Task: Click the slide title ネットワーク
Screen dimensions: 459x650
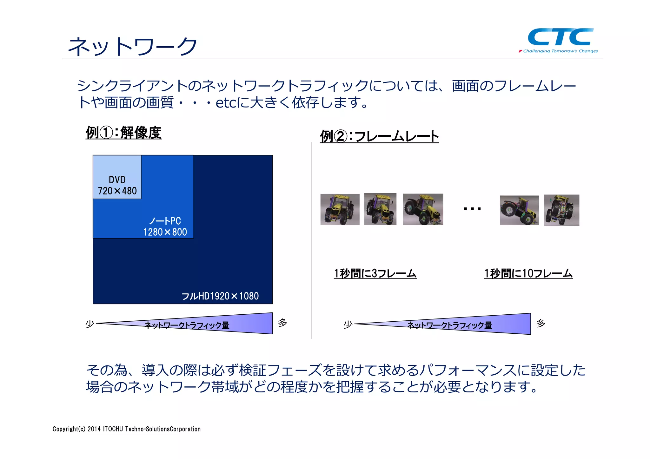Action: point(133,47)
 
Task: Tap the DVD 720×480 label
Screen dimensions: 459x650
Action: point(117,185)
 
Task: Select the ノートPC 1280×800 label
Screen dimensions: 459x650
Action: point(165,226)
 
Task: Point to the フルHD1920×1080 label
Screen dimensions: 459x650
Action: point(220,296)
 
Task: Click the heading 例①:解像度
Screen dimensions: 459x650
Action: point(123,133)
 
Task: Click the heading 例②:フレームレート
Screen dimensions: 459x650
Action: point(379,137)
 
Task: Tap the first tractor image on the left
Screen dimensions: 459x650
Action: point(340,209)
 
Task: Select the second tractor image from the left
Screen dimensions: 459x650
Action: point(380,209)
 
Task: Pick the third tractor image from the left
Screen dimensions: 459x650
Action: point(423,209)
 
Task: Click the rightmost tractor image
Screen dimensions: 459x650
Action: point(561,210)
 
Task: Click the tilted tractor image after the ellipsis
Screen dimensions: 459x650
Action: point(519,210)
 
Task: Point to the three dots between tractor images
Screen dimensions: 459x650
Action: point(472,209)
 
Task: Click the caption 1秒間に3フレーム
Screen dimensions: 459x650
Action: point(375,273)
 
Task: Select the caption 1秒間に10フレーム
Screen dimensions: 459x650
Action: point(528,273)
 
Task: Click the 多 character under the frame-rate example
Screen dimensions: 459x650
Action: point(541,323)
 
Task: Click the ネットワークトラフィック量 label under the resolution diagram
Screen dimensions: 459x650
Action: point(187,325)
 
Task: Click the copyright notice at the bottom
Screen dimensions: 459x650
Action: point(127,429)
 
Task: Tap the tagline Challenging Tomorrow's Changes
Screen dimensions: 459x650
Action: point(560,51)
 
